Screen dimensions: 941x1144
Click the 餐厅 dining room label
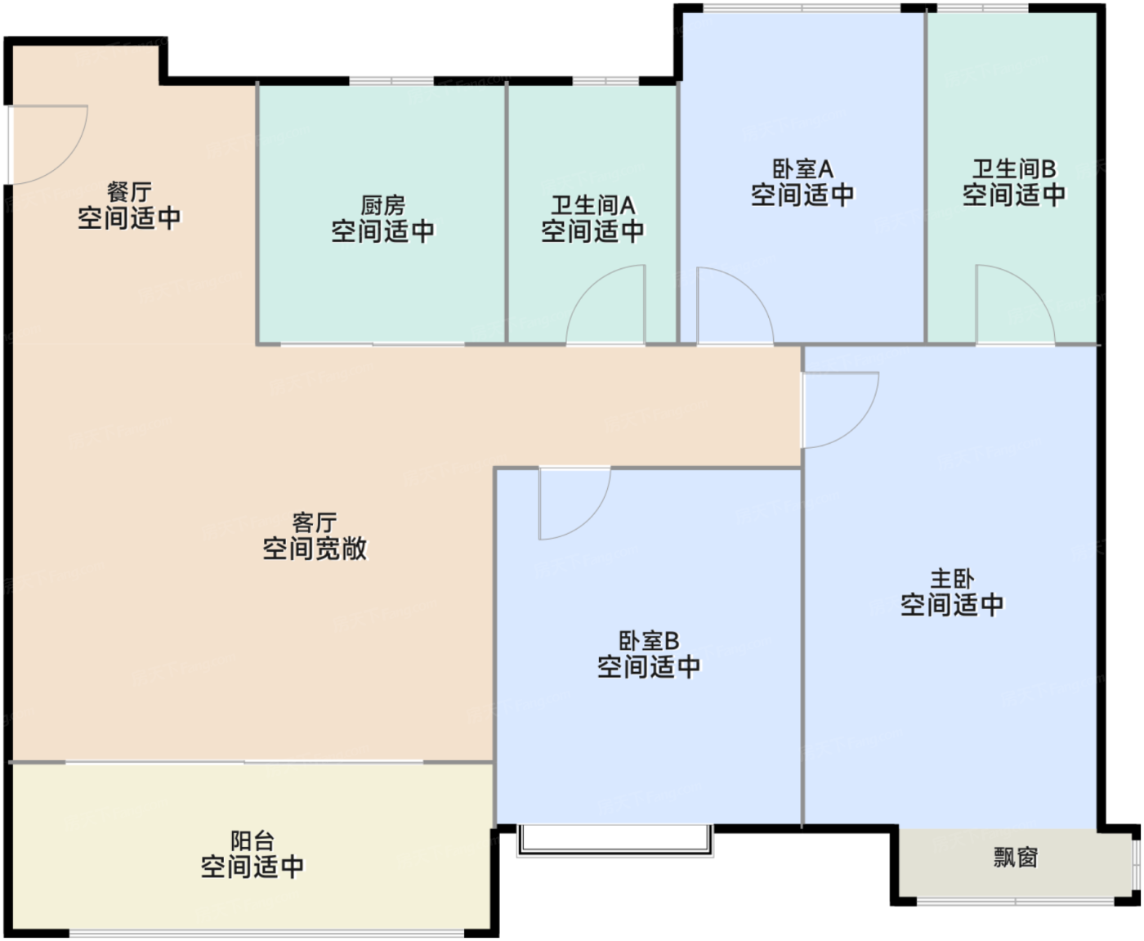129,192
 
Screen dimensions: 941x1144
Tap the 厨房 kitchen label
382,205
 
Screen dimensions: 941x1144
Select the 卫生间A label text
592,205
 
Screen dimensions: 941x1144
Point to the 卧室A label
802,169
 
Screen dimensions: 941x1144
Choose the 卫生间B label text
1013,169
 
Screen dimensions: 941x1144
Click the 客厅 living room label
315,522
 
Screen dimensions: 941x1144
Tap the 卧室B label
649,641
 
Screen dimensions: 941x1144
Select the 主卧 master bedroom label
952,579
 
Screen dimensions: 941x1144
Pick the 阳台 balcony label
252,840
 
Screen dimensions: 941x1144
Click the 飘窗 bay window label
1016,857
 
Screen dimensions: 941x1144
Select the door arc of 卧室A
733,307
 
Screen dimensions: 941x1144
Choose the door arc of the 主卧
840,409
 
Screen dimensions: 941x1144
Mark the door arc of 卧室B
574,503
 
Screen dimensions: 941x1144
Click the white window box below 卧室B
614,840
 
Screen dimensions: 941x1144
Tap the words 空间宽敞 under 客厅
315,549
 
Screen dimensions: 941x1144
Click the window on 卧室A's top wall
802,9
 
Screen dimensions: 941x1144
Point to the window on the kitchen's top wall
391,81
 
